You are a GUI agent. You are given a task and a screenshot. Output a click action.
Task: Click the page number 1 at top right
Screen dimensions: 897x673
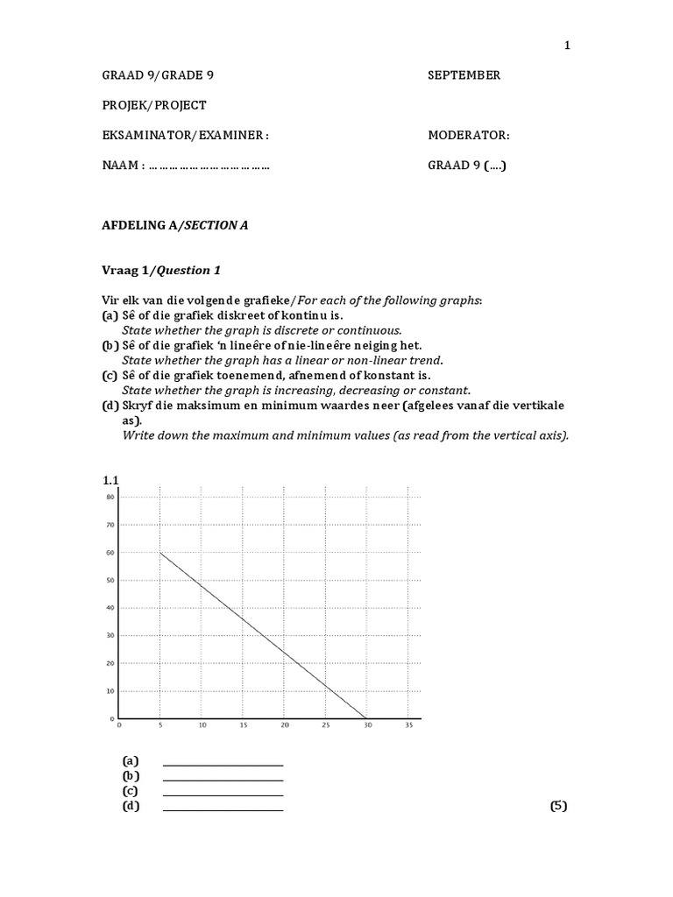tap(567, 46)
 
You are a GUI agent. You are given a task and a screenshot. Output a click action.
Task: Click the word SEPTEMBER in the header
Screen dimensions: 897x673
tap(464, 75)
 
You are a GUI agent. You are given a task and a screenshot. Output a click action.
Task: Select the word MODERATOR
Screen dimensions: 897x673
tap(468, 136)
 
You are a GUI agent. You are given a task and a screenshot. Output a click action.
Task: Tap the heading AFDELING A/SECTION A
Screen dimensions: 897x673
tap(176, 225)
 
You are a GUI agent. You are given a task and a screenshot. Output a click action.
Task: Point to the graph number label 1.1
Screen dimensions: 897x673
tap(110, 480)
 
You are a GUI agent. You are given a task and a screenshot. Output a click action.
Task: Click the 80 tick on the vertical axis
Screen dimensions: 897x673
tap(110, 498)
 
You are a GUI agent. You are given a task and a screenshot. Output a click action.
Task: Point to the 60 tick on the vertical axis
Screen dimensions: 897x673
tap(110, 553)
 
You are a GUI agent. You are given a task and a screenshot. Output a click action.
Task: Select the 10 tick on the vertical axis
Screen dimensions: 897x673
tap(110, 691)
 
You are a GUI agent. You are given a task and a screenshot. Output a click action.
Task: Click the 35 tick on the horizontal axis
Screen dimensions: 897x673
tap(409, 726)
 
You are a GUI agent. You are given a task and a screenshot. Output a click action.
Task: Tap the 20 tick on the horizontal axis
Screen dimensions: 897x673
tap(284, 726)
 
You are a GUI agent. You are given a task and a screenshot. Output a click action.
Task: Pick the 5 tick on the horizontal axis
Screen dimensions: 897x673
tap(159, 726)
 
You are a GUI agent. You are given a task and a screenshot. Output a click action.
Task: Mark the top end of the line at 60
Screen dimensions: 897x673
tap(160, 553)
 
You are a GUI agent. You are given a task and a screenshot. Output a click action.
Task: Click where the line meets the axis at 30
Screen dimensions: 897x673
tap(367, 718)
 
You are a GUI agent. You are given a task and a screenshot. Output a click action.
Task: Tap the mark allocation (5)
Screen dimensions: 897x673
tap(558, 807)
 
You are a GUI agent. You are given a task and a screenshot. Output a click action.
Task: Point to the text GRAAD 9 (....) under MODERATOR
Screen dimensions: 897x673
tap(466, 166)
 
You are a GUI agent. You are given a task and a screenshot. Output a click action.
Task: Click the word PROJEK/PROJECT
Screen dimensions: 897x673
tap(155, 105)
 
